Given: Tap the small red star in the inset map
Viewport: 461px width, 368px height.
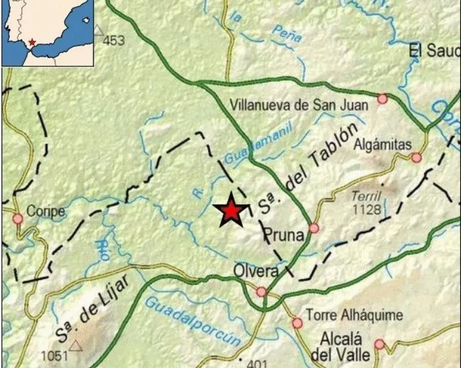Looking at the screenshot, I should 32,43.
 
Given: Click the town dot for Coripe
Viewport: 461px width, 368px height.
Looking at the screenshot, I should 17,218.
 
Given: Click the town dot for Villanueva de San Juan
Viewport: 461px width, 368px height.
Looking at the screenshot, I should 382,99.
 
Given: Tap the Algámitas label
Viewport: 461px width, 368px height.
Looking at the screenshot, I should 382,144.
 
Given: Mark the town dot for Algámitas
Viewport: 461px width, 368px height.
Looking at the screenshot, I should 416,157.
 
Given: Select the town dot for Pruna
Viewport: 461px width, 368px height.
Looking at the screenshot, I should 314,228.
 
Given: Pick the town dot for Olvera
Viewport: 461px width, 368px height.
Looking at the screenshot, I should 261,291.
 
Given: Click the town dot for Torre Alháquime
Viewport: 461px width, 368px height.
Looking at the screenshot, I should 297,323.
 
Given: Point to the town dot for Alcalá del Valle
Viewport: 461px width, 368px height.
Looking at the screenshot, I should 379,344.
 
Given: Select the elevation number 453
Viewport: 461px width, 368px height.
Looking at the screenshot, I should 113,41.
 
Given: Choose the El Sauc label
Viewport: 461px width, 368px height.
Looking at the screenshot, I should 433,51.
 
